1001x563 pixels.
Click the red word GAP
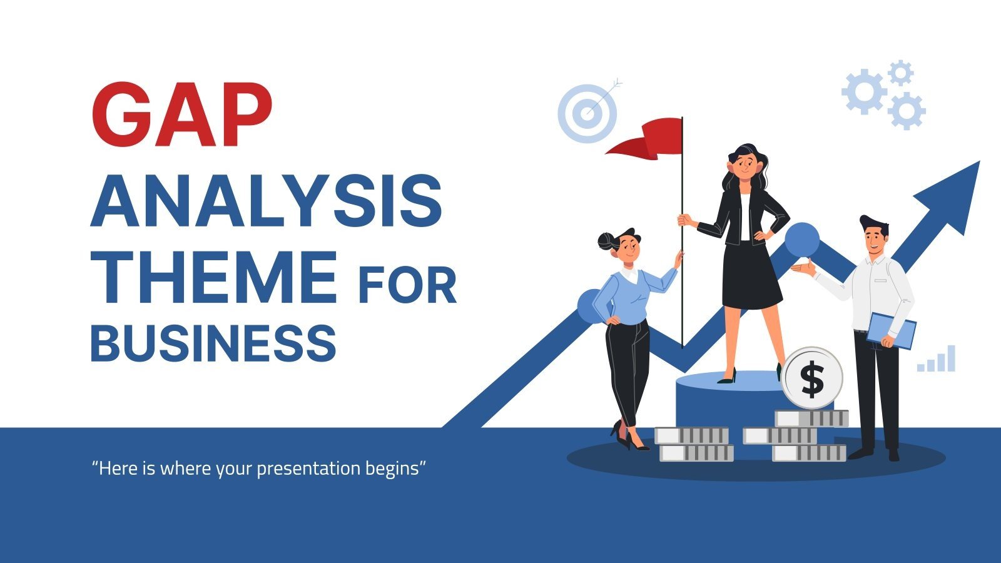pyautogui.click(x=182, y=115)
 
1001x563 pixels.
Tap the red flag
pyautogui.click(x=648, y=138)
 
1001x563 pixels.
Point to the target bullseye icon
pyautogui.click(x=587, y=113)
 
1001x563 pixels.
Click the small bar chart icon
pyautogui.click(x=937, y=360)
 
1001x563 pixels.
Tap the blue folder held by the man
pyautogui.click(x=891, y=330)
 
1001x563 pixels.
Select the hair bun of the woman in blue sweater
pyautogui.click(x=606, y=241)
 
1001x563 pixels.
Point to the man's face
pyautogui.click(x=876, y=238)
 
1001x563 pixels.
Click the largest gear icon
pyautogui.click(x=864, y=91)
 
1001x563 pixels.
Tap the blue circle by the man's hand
pyautogui.click(x=801, y=240)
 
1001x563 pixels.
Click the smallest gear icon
pyautogui.click(x=900, y=73)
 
